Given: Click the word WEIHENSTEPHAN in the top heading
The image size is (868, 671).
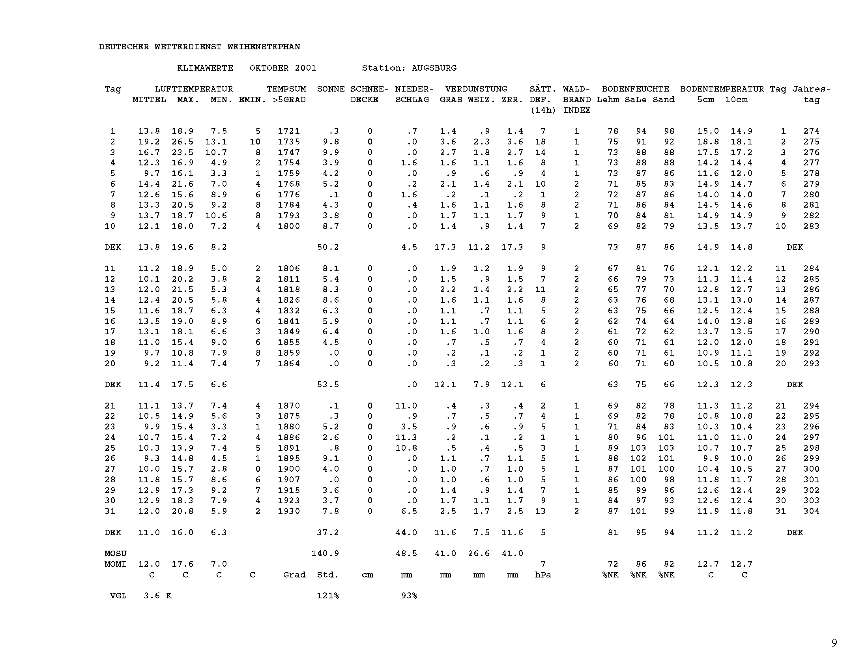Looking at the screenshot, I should (264, 47).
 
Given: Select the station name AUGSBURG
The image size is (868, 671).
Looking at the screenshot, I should (434, 68).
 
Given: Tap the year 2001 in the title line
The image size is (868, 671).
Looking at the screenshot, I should (305, 68).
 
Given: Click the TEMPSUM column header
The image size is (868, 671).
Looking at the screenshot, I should (286, 89).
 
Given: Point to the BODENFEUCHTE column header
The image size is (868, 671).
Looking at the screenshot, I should (636, 89).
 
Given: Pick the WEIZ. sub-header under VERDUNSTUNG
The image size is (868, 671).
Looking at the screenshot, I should (481, 100).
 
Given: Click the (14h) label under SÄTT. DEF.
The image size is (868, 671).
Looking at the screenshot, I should (543, 111).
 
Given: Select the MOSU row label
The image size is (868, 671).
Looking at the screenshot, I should (116, 554).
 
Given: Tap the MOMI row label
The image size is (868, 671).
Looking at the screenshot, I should (116, 564).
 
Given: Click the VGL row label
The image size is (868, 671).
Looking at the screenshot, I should (118, 596).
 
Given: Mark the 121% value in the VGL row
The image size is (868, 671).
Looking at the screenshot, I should (328, 596).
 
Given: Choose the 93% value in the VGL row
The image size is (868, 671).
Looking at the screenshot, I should (409, 596).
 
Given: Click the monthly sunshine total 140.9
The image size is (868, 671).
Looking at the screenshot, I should (325, 554).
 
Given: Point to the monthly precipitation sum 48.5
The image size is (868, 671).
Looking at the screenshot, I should (406, 554).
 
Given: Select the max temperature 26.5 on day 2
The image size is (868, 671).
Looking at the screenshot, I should (182, 142).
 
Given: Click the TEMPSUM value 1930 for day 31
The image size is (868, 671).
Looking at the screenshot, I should (288, 512).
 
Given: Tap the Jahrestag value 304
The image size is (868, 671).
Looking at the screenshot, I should (811, 512).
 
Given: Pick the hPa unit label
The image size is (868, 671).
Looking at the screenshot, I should (543, 575).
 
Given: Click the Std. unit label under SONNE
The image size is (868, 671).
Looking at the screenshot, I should (328, 575).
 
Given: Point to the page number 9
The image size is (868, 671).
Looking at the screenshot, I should (834, 643).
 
